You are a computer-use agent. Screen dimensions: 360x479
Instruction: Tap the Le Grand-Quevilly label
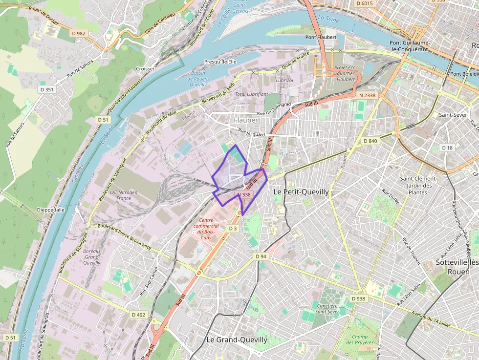(x=237, y=339)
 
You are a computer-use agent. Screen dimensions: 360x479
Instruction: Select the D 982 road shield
(x=78, y=33)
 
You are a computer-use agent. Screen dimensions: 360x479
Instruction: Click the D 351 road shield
(x=47, y=89)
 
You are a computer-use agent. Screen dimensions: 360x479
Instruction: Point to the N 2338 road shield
(x=367, y=95)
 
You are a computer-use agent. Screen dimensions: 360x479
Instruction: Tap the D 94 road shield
(x=261, y=256)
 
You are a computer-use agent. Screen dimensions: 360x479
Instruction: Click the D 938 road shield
(x=358, y=298)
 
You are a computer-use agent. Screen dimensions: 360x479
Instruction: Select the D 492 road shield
(x=139, y=315)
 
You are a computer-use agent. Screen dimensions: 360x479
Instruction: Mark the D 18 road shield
(x=447, y=148)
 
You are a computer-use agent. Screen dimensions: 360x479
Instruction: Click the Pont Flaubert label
(x=321, y=37)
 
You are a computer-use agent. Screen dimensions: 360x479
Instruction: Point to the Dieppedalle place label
(x=50, y=210)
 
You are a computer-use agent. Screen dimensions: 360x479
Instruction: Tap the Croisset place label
(x=145, y=69)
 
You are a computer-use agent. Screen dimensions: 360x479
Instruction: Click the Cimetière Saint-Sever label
(x=327, y=308)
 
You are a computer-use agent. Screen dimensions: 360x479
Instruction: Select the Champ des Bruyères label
(x=360, y=339)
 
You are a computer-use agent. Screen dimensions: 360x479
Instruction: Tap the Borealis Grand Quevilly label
(x=91, y=256)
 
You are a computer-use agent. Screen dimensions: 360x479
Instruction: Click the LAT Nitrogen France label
(x=124, y=195)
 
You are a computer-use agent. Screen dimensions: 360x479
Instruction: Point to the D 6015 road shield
(x=365, y=3)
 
